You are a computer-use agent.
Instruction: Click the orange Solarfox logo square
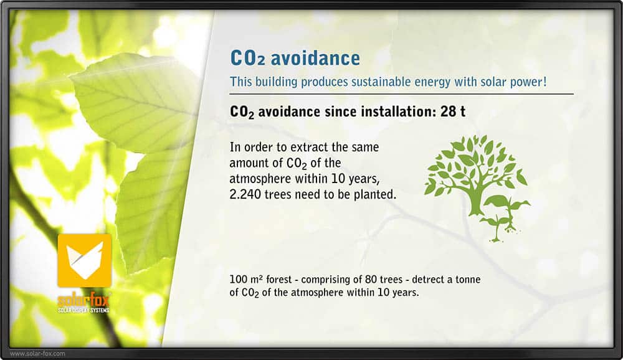pyautogui.click(x=84, y=261)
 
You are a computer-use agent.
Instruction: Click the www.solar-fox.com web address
pyautogui.click(x=37, y=353)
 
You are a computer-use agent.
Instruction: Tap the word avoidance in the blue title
pyautogui.click(x=315, y=58)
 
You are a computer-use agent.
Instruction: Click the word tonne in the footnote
pyautogui.click(x=468, y=280)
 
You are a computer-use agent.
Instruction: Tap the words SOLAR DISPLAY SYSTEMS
pyautogui.click(x=83, y=310)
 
